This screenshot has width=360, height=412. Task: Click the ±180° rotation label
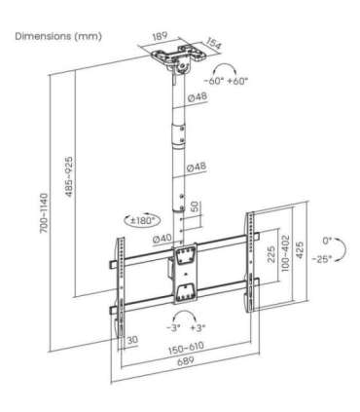coord(144,220)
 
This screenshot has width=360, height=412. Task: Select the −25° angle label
coord(323,258)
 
